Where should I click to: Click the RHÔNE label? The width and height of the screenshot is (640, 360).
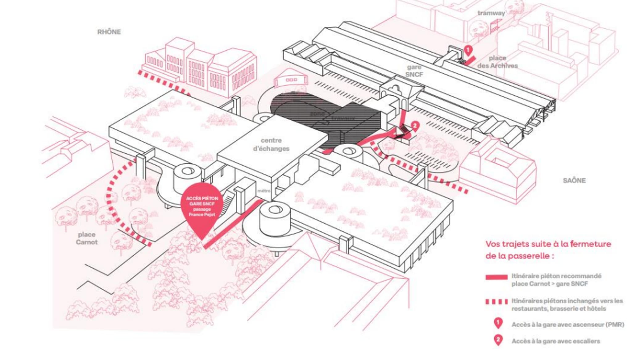tap(109, 32)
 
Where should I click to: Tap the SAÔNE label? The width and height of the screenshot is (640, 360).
tap(574, 180)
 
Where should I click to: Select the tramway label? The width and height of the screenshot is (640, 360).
tap(491, 13)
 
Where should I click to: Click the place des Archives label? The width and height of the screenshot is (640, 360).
tap(497, 62)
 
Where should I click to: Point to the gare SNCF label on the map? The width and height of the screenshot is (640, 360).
tap(414, 71)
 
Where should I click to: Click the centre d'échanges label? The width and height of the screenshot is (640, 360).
tap(271, 144)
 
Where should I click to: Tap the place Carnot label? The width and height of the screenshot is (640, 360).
tap(87, 238)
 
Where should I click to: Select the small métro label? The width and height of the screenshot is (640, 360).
tap(264, 191)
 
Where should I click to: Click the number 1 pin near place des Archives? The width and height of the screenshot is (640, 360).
tap(468, 50)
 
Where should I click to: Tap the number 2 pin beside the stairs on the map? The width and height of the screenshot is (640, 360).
tap(415, 126)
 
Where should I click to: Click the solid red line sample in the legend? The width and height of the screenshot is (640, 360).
tap(496, 277)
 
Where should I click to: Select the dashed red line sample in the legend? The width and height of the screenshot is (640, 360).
tap(496, 301)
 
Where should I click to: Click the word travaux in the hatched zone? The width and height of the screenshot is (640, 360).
tap(343, 118)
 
